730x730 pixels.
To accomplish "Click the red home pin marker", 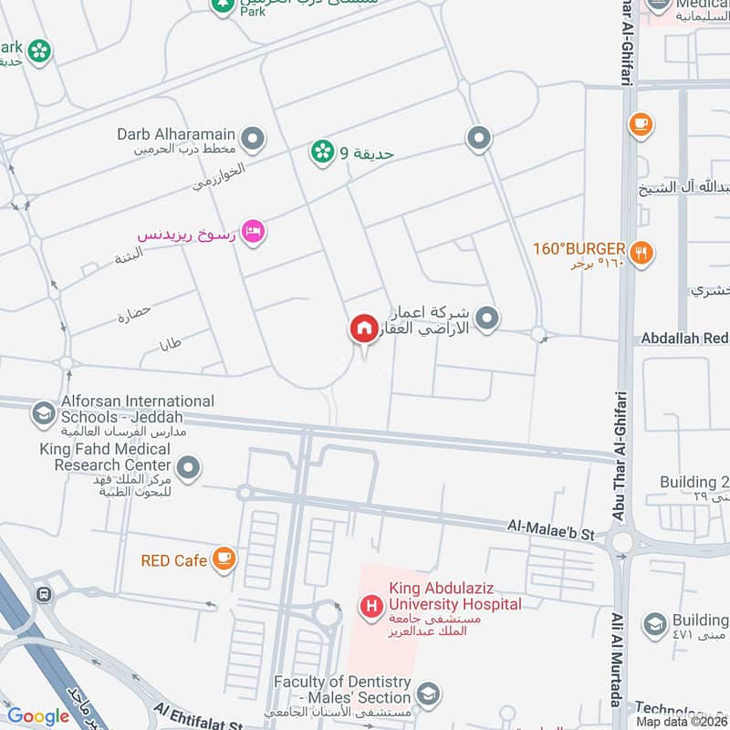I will (363, 329).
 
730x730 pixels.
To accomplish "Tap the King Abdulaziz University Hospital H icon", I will (371, 604).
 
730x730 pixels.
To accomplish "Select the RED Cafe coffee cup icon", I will (224, 559).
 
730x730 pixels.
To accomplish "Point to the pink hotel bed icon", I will (254, 231).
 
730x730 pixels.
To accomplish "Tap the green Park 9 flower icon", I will (321, 152).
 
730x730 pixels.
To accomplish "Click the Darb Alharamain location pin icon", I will (254, 140).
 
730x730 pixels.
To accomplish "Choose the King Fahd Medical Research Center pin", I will (189, 468).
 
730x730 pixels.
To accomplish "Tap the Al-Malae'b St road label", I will (551, 527).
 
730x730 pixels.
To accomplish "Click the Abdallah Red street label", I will (684, 339).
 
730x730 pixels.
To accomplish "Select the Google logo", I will (39, 716).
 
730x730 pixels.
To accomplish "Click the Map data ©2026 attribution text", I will (682, 721).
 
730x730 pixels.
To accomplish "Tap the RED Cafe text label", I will (174, 560).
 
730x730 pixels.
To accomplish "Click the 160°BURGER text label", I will (579, 248).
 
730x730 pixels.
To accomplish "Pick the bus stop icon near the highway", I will (42, 595).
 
